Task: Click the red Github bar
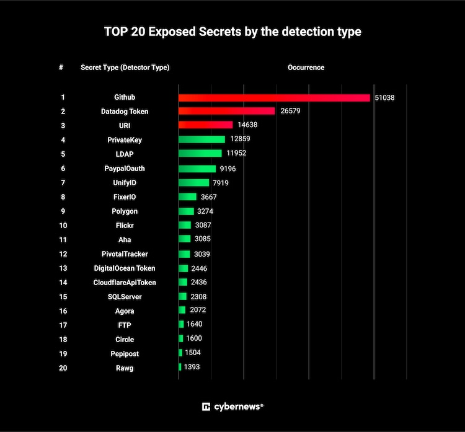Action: pos(274,97)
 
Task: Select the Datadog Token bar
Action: pos(226,111)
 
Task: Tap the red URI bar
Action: pos(205,125)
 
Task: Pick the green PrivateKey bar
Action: pos(201,139)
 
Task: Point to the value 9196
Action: pos(226,169)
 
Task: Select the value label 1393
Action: pos(192,368)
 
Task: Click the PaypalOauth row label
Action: pos(125,169)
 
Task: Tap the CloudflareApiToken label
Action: pos(125,283)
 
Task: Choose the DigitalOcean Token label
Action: pos(125,268)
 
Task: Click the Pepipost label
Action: pos(125,353)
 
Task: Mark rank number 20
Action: pos(63,368)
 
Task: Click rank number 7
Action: pos(63,183)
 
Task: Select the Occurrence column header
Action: pos(306,68)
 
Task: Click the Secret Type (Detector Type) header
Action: pos(125,68)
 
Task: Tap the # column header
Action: pos(61,68)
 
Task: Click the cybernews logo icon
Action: pos(206,407)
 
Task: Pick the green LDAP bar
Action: pos(200,154)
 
